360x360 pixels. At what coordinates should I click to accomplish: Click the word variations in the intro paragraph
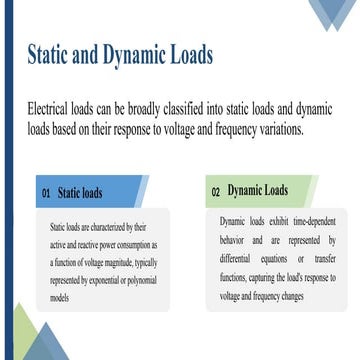277,129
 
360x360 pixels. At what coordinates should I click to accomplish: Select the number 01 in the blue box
46,191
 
